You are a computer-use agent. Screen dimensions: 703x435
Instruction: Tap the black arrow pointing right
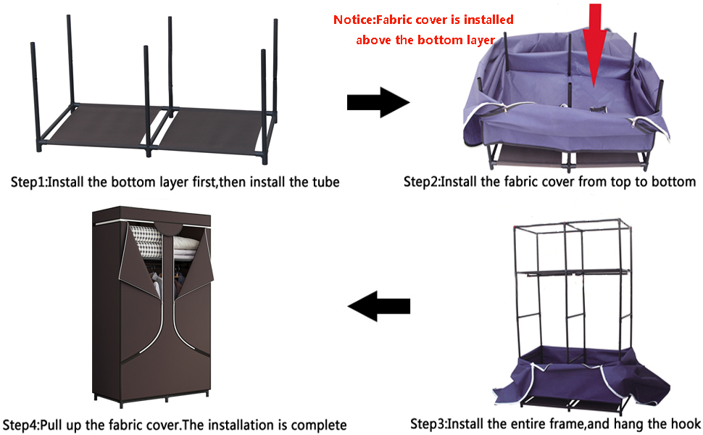[377, 103]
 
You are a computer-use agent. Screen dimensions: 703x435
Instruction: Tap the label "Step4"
[22, 424]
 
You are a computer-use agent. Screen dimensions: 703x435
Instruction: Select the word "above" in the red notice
[375, 40]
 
